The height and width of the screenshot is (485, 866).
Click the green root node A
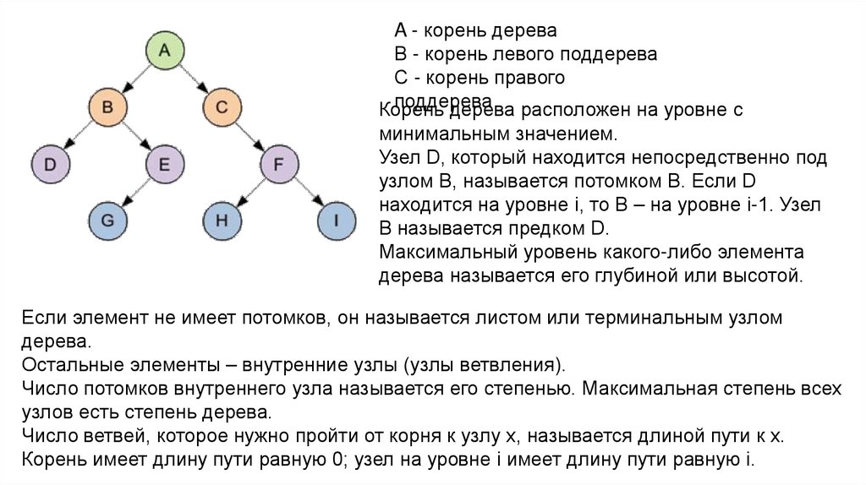pos(165,50)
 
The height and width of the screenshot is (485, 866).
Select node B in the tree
pos(107,107)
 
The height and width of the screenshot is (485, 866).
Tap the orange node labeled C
pos(222,107)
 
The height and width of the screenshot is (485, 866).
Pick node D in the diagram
pos(50,164)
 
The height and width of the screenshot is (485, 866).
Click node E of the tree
pos(164,164)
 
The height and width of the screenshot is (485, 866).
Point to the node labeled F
pos(278,164)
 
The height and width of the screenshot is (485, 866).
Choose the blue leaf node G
pos(107,221)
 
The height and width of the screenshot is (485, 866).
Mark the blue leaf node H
pos(222,221)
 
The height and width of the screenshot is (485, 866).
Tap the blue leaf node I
pos(336,221)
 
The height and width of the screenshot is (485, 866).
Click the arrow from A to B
pos(136,79)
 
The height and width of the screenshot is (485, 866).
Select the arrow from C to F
pos(250,136)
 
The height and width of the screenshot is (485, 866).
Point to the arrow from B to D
pos(78,136)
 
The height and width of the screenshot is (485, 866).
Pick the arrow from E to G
pos(135,193)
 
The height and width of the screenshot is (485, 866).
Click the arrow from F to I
pos(307,193)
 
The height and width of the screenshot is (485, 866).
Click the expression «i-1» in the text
pos(769,205)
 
